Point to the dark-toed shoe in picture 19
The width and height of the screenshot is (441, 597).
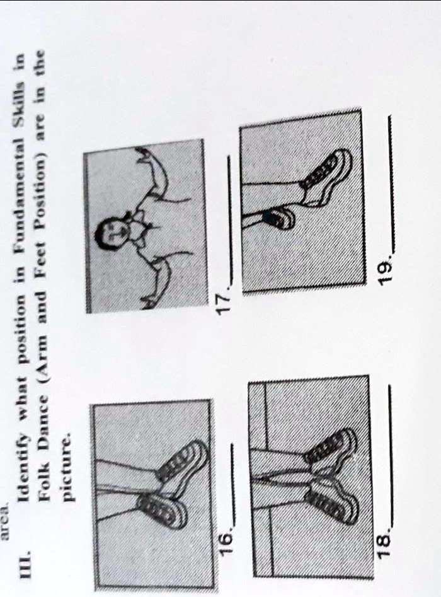coord(275,219)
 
